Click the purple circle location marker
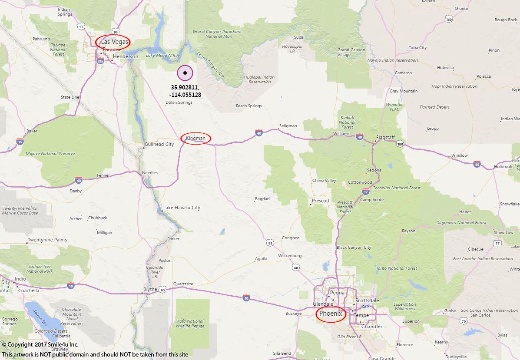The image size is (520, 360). coord(185,73)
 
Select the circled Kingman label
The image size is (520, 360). coord(195,139)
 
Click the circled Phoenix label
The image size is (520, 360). coord(331,314)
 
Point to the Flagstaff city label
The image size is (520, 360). coord(386,137)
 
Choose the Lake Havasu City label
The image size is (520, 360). coord(182,208)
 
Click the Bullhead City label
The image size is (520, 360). coord(159,144)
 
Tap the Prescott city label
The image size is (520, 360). coord(321,201)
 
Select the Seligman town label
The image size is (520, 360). coord(288,126)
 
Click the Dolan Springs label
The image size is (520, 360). coord(179,103)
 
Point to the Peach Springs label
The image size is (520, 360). coord(249,106)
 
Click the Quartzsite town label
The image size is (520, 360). coord(183,284)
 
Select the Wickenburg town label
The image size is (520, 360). coord(290,256)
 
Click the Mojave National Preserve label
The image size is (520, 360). coord(50,154)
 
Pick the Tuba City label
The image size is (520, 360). coord(417,48)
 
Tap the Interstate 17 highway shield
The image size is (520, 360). coord(366,191)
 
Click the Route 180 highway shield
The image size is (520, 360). coord(400,144)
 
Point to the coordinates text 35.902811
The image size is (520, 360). coord(185,87)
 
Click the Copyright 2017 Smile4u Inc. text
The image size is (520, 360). coord(40,345)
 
